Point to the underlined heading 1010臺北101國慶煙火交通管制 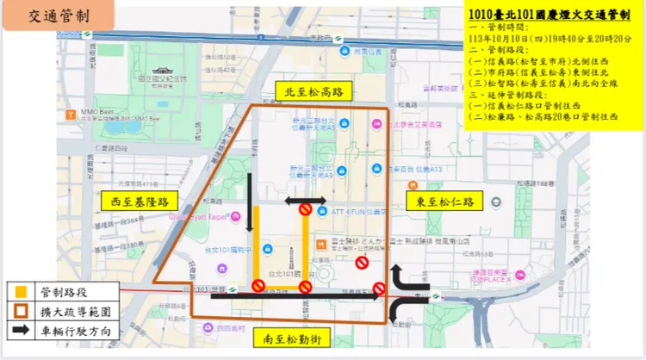pos(552,15)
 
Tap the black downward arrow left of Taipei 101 pos(248,195)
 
